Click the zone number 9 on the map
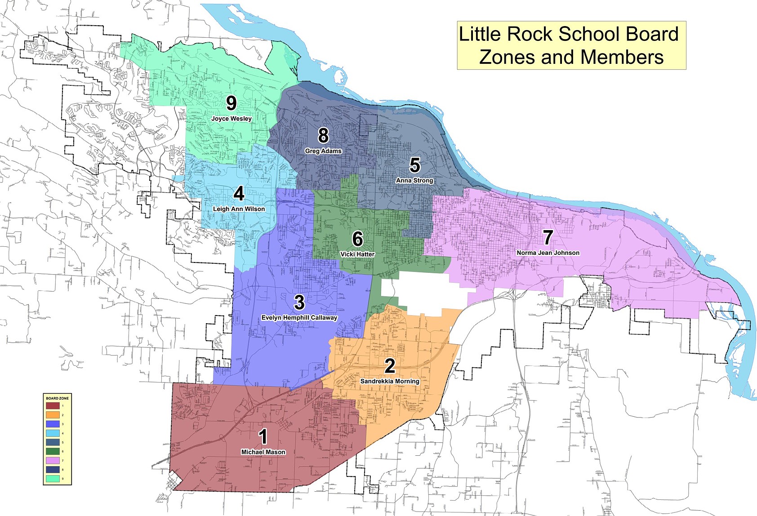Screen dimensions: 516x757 pyautogui.click(x=231, y=103)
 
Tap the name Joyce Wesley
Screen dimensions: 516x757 pyautogui.click(x=232, y=119)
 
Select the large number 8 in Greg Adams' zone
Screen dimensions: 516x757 pyautogui.click(x=323, y=135)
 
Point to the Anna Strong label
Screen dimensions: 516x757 pyautogui.click(x=414, y=180)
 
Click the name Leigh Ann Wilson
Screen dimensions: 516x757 pyautogui.click(x=239, y=209)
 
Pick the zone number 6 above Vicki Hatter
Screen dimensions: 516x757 pyautogui.click(x=357, y=239)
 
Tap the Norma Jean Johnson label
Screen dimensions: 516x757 pyautogui.click(x=548, y=253)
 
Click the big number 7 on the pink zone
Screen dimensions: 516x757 pyautogui.click(x=548, y=237)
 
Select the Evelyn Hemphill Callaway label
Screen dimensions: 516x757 pyautogui.click(x=299, y=318)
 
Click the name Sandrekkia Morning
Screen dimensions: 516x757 pyautogui.click(x=390, y=381)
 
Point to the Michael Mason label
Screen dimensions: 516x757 pyautogui.click(x=263, y=452)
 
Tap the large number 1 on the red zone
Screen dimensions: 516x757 pyautogui.click(x=263, y=436)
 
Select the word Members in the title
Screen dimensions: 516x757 pyautogui.click(x=621, y=58)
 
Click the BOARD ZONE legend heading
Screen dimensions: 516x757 pyautogui.click(x=57, y=398)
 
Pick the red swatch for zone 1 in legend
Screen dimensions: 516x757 pyautogui.click(x=53, y=406)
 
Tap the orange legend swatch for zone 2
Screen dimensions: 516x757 pyautogui.click(x=53, y=415)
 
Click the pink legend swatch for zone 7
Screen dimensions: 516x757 pyautogui.click(x=53, y=461)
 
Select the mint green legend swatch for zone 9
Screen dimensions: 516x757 pyautogui.click(x=53, y=479)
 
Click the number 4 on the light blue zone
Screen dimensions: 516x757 pyautogui.click(x=239, y=193)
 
